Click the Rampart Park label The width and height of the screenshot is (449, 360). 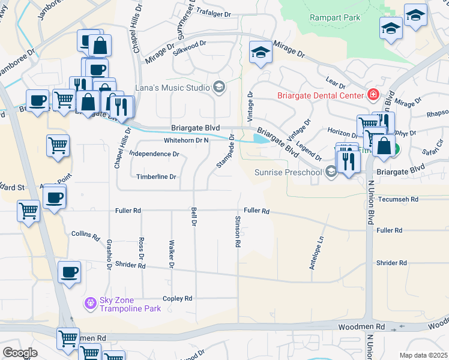click(335, 17)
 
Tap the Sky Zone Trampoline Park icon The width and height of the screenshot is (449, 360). click(91, 304)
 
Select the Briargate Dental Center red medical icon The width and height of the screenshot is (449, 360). click(373, 95)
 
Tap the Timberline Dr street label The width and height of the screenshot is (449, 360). click(155, 177)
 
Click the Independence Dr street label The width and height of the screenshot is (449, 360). click(154, 154)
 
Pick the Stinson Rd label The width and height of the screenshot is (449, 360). click(238, 232)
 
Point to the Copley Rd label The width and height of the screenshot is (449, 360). click(177, 298)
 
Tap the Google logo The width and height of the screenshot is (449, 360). click(20, 353)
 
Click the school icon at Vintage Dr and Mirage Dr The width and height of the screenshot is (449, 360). click(261, 53)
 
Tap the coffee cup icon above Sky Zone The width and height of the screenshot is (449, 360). click(69, 272)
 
